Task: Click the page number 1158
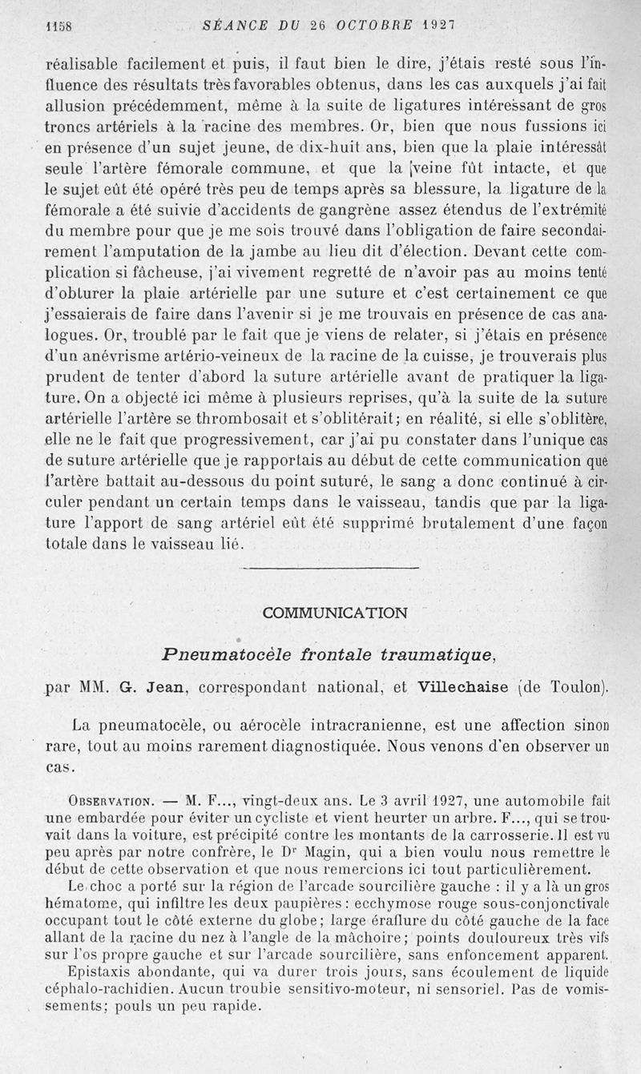tap(58, 25)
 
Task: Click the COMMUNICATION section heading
tap(334, 613)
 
